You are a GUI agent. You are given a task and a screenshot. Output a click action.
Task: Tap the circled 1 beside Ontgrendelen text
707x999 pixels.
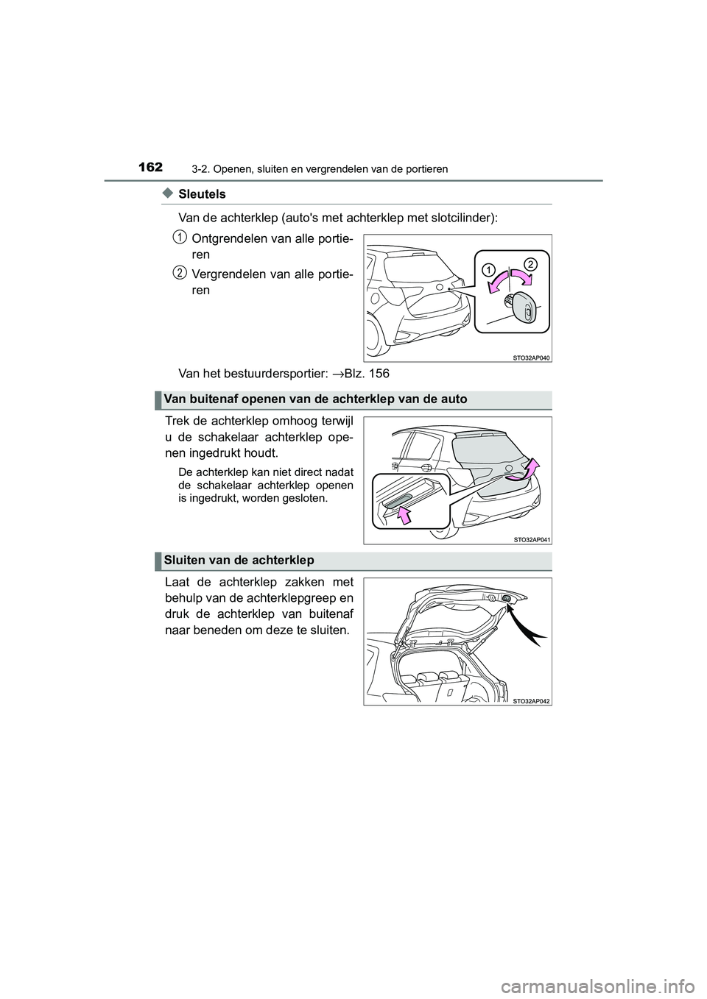(x=180, y=236)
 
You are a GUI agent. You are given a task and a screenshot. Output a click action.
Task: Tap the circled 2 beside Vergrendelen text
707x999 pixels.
(x=180, y=272)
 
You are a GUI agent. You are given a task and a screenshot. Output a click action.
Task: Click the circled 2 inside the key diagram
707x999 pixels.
(x=532, y=263)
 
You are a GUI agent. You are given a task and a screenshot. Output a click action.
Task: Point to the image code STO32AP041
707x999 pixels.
(x=530, y=539)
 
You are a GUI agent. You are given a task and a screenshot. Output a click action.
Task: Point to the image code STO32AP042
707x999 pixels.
(x=530, y=700)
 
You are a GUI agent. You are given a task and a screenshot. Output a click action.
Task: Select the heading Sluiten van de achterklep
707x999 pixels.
(x=239, y=560)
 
